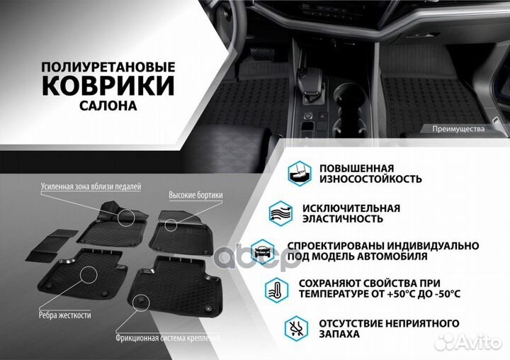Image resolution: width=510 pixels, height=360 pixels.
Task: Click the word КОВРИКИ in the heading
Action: point(108,86)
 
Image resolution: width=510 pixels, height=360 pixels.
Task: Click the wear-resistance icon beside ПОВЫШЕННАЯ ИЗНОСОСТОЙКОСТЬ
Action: point(298,173)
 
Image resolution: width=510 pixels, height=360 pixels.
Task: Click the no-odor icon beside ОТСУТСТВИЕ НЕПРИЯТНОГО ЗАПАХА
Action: point(295,328)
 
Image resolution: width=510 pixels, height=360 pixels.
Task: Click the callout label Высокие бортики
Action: point(196,195)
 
